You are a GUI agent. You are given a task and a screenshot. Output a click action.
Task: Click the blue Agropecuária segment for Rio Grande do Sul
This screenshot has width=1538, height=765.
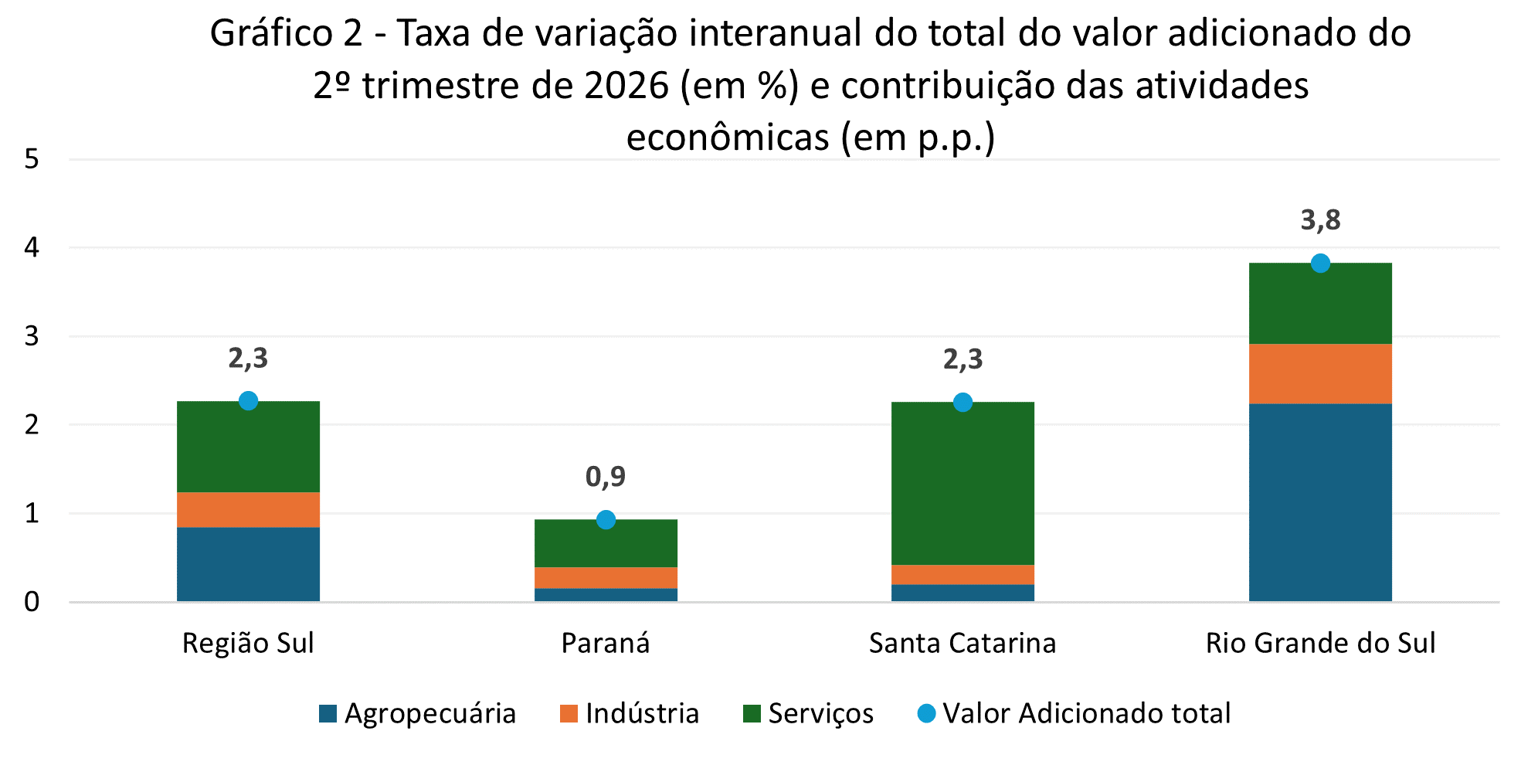coord(1320,502)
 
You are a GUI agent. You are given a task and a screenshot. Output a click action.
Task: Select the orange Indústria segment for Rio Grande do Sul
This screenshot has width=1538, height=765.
coord(1320,374)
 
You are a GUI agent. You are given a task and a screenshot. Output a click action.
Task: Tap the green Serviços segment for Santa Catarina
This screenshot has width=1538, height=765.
coord(963,484)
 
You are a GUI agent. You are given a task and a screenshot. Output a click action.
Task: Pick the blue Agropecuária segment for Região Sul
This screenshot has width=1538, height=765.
coord(248,564)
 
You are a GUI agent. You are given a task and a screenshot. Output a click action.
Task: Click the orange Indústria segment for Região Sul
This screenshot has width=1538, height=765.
coord(248,510)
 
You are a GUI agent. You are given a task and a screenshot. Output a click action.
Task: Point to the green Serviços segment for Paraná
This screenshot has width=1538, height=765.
coord(606,543)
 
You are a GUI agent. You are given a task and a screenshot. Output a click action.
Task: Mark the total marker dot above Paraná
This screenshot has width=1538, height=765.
coord(606,519)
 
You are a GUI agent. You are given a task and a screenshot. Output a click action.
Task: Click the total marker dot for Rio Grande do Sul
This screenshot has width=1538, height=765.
coord(1320,263)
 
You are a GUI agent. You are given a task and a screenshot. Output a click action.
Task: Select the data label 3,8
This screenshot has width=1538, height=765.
coord(1320,221)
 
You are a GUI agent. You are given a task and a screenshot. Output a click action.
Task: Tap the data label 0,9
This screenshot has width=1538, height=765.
coord(606,477)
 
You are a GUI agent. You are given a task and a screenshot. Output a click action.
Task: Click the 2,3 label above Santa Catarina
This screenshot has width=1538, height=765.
coord(963,359)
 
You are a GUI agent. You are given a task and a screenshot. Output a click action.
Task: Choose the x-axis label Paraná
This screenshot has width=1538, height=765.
coord(606,644)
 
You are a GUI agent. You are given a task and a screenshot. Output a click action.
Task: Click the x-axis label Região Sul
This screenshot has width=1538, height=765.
coord(248,644)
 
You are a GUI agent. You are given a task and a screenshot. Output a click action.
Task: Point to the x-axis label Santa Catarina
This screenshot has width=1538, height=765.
coord(963,644)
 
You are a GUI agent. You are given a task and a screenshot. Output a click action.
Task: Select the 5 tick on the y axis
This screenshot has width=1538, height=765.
coord(32,160)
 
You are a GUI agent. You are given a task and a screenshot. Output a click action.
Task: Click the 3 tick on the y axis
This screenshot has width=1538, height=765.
coord(32,337)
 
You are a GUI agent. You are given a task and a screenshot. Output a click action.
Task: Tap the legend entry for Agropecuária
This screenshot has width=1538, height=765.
coord(417,713)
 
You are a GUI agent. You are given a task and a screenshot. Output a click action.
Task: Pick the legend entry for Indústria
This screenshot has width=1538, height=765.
coord(630,713)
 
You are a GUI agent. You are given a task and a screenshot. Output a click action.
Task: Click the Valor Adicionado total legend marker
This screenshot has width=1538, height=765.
coord(926,713)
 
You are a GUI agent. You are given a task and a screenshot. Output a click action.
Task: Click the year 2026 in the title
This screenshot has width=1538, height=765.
coord(626,87)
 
